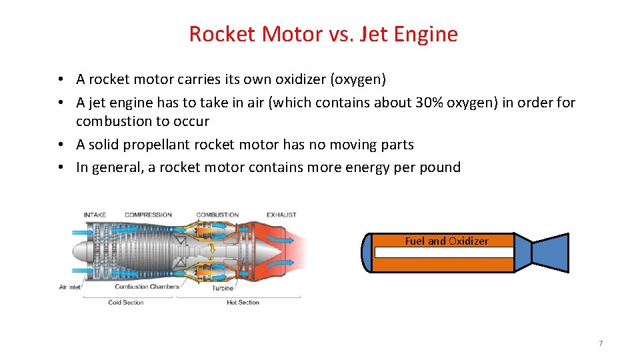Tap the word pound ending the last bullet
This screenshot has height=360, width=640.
440,167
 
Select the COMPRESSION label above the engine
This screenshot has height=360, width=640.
148,215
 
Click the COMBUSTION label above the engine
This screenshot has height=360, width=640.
217,215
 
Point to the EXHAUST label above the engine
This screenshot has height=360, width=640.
281,215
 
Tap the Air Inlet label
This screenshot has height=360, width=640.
69,287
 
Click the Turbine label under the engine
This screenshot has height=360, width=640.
223,289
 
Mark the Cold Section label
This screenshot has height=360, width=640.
125,303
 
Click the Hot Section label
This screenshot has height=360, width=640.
243,303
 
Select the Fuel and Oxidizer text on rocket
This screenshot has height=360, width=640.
447,241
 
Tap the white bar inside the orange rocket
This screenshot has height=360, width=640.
444,253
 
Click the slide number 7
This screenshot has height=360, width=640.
601,343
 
